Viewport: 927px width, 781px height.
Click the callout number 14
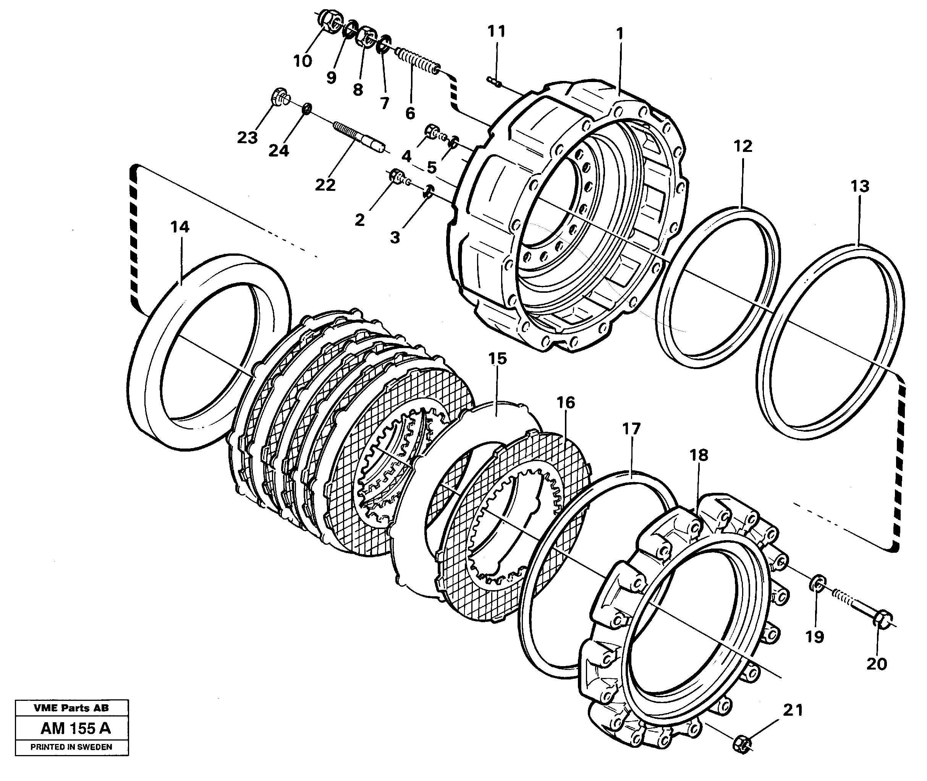[x=180, y=227]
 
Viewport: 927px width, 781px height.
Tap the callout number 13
[x=860, y=186]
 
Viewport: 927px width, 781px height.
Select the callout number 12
[x=743, y=146]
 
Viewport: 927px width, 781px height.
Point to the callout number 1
[x=620, y=34]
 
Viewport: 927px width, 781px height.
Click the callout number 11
[x=496, y=31]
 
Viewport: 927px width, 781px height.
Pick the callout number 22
[x=325, y=185]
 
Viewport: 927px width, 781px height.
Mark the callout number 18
[x=699, y=455]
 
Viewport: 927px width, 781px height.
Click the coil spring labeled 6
[x=416, y=62]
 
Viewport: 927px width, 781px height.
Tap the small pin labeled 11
[x=494, y=81]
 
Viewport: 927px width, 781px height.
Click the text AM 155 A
[x=75, y=728]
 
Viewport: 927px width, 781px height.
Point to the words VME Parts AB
[x=71, y=708]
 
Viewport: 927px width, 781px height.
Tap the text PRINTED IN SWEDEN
[x=71, y=747]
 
